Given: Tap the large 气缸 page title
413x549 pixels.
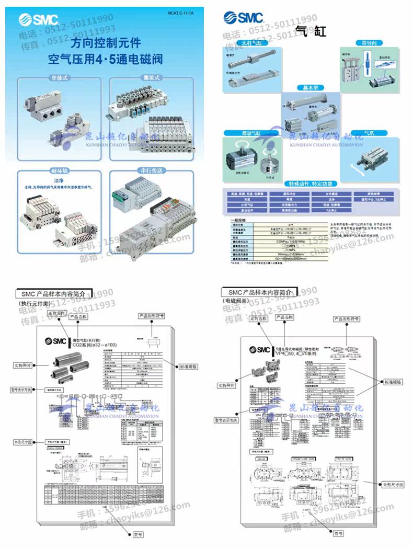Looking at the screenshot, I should tap(311, 30).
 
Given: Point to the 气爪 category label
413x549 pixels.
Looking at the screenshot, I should tap(370, 133).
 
